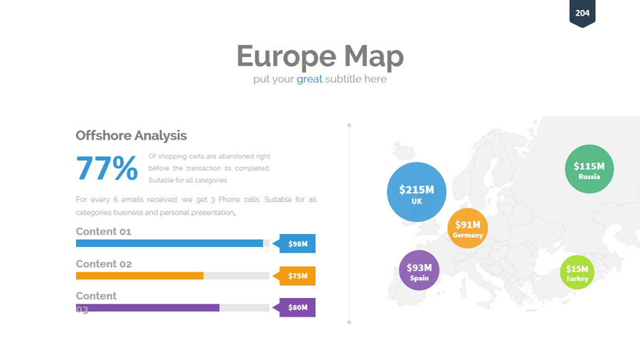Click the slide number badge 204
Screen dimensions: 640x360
pos(582,13)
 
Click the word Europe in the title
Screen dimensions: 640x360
pos(287,56)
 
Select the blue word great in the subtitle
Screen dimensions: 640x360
pos(309,79)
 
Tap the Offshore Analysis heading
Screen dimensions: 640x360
pos(131,135)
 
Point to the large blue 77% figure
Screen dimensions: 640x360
pos(107,168)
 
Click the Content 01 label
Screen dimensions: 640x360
pos(103,231)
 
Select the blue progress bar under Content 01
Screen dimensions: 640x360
pos(169,243)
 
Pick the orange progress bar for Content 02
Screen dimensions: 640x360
pos(139,276)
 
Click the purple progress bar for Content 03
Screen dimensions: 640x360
pos(148,308)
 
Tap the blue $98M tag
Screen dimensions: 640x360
pos(294,243)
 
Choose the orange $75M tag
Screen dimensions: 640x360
pos(294,276)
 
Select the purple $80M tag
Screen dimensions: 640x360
pos(294,307)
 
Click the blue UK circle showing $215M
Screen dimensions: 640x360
pos(417,192)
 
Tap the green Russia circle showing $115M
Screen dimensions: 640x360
pos(590,169)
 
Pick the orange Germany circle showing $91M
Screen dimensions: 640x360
pos(468,228)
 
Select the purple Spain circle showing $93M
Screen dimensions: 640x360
pos(419,270)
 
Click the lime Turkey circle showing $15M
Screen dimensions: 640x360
pos(577,272)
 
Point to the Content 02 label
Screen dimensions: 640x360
pos(104,264)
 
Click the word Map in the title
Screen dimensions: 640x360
pos(374,56)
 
